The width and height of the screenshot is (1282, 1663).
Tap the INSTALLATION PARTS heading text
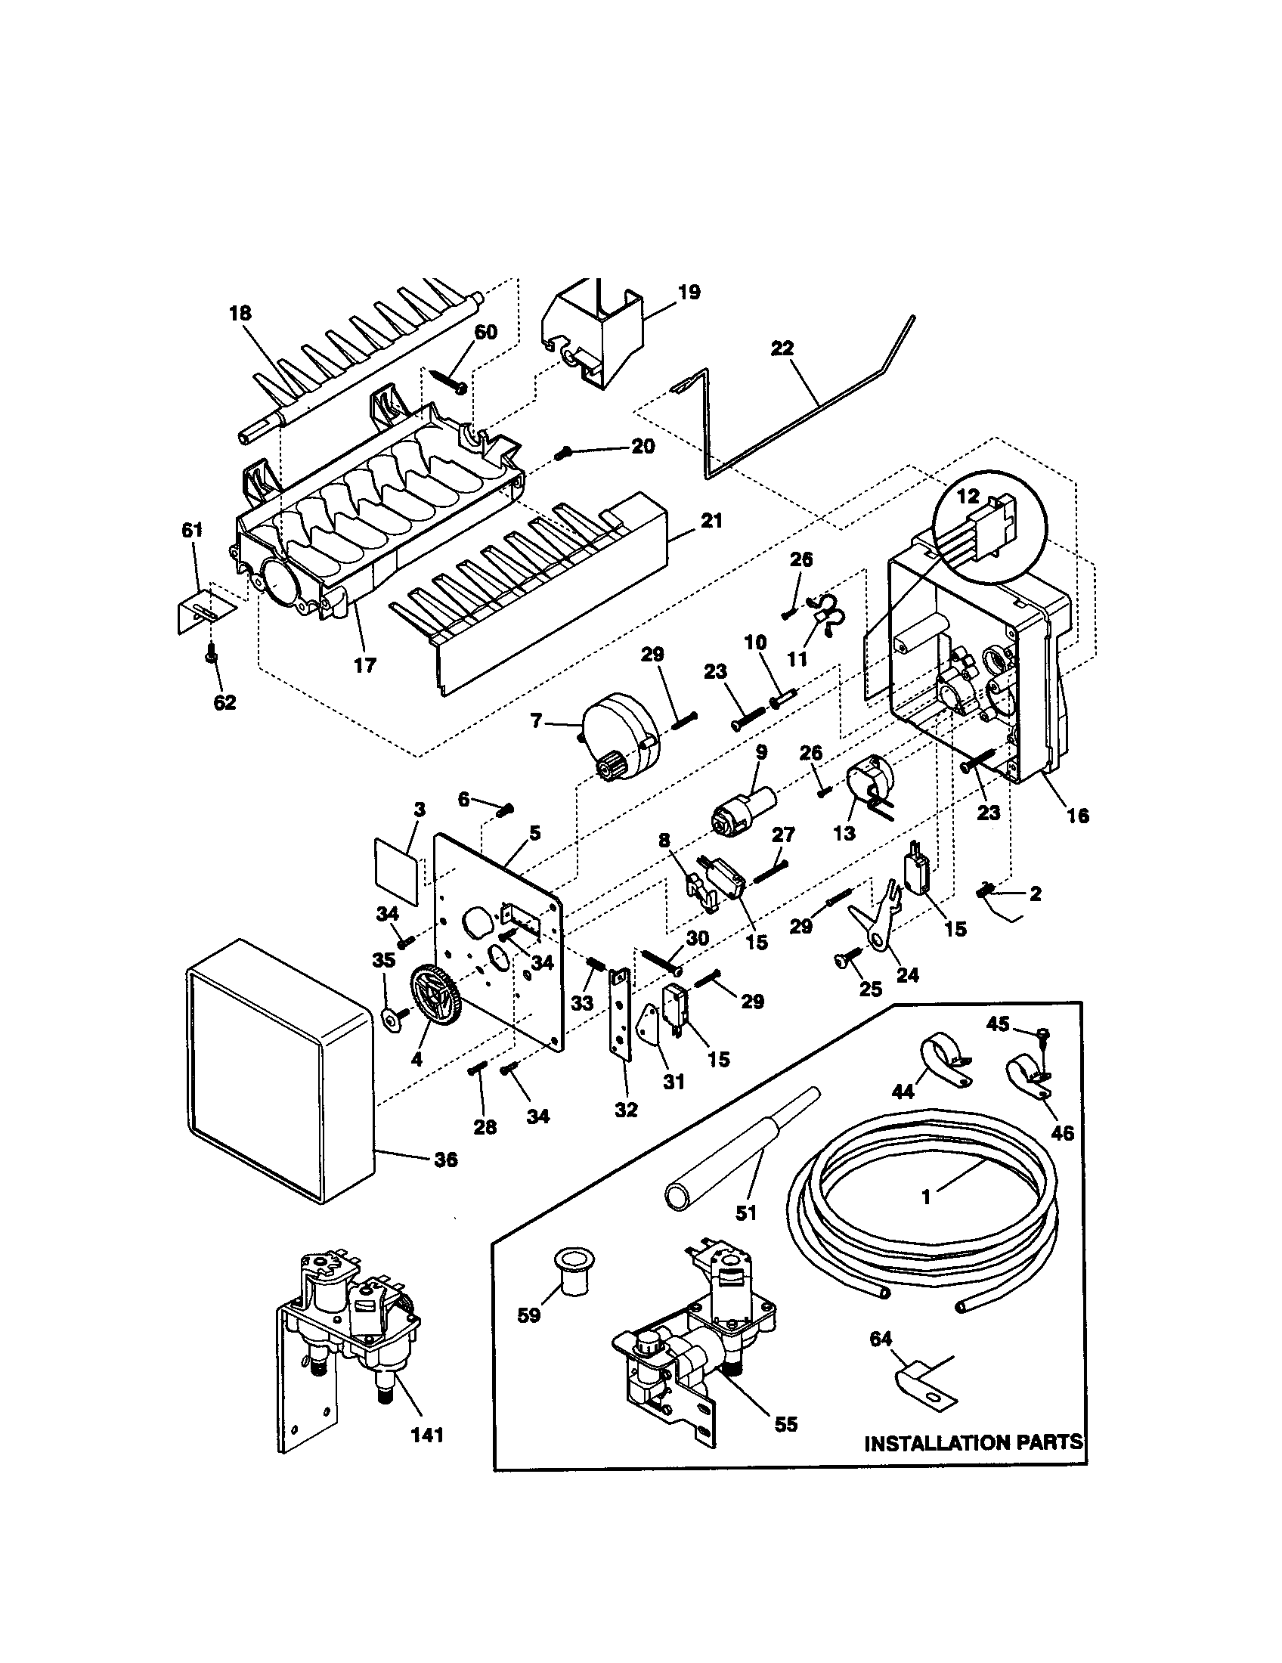973,1442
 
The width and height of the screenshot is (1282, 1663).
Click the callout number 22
782,348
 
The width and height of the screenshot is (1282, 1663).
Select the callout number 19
688,293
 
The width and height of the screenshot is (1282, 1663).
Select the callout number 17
364,664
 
